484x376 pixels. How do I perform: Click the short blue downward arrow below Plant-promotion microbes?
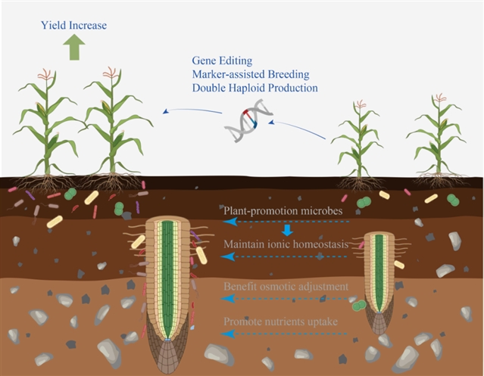(287, 229)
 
